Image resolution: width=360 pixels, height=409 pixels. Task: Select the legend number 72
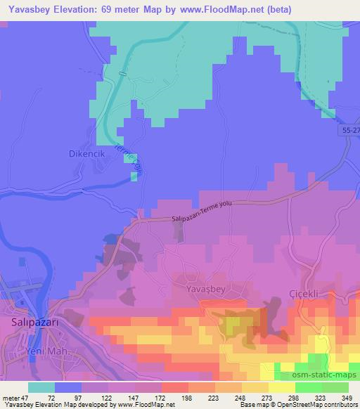pyautogui.click(x=51, y=398)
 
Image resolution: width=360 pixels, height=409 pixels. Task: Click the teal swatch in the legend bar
pyautogui.click(x=41, y=387)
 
